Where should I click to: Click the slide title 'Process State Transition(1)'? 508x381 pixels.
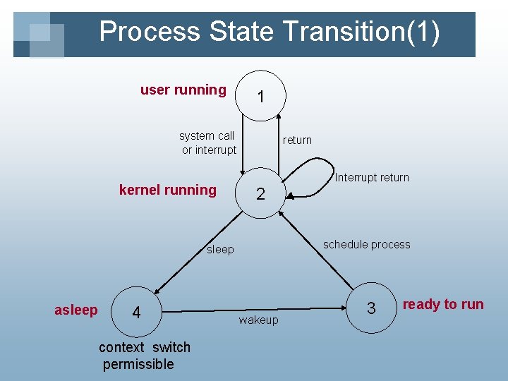tap(270, 32)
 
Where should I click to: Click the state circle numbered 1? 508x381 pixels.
tap(261, 95)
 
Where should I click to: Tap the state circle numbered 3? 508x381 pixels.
tap(371, 308)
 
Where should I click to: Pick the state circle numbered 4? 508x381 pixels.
tap(136, 311)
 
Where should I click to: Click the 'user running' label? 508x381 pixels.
tap(183, 90)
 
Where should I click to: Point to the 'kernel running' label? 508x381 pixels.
tap(168, 189)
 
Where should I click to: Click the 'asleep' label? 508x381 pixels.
tap(76, 310)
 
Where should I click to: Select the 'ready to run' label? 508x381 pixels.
tap(443, 304)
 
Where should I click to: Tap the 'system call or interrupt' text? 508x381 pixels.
tap(208, 143)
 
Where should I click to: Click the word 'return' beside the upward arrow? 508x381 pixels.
tap(297, 140)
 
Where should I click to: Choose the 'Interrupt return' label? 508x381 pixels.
tap(372, 177)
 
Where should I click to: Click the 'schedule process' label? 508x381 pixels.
tap(366, 244)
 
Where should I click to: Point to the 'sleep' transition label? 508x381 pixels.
tap(220, 249)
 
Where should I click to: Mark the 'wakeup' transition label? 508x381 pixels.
tap(258, 320)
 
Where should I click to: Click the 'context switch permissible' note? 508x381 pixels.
tap(144, 356)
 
